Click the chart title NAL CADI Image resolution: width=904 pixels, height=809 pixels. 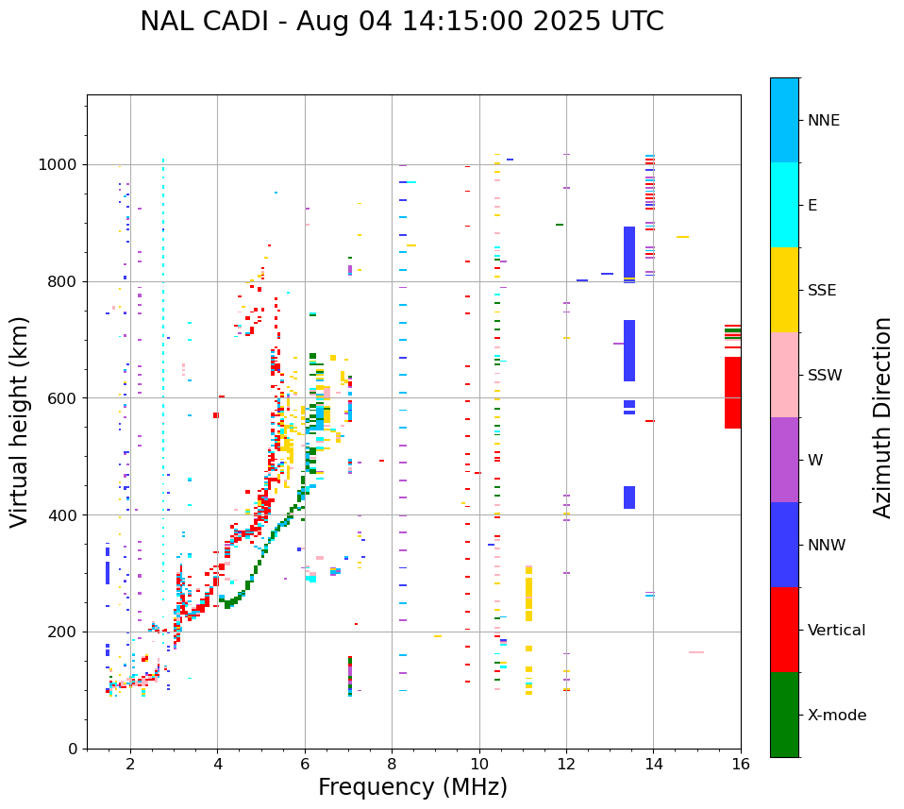[x=401, y=22]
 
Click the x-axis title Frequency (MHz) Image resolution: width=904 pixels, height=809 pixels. [x=412, y=787]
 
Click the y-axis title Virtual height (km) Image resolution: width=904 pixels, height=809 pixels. [x=20, y=421]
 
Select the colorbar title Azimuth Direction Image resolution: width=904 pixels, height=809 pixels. [x=882, y=417]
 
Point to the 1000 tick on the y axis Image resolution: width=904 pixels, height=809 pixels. [x=61, y=164]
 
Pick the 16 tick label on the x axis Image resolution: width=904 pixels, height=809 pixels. [x=740, y=764]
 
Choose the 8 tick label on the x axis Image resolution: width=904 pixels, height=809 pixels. [x=392, y=764]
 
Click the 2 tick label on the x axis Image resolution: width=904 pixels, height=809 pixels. [x=130, y=764]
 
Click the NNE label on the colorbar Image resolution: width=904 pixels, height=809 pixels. [x=823, y=121]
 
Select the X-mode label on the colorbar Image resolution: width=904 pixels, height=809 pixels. [x=837, y=716]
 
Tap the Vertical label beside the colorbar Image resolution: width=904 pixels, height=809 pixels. [x=836, y=631]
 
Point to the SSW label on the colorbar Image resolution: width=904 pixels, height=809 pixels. [x=825, y=376]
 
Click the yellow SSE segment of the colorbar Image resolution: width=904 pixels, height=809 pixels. [x=784, y=290]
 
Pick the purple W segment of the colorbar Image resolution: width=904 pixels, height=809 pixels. [x=784, y=460]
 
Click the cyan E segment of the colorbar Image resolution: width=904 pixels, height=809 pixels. [x=784, y=205]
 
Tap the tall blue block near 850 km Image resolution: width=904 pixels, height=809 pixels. [x=629, y=252]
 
